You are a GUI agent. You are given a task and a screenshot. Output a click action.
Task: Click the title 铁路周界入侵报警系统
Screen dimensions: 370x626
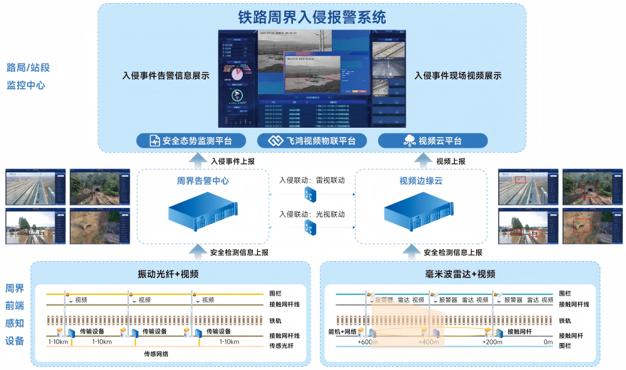pos(311,16)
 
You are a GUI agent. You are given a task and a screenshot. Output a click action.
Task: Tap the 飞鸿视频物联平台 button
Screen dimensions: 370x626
pos(311,141)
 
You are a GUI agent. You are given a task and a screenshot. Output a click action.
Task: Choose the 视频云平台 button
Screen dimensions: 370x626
pos(433,141)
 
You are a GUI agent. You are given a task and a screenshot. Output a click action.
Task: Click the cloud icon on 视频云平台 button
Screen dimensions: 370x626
pos(409,141)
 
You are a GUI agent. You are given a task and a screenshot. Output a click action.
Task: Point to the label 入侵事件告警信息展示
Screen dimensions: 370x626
pos(165,76)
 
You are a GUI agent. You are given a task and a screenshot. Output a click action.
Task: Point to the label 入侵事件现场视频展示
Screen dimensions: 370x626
pos(458,76)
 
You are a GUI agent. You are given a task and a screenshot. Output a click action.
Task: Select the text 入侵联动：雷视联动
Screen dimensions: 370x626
pos(312,180)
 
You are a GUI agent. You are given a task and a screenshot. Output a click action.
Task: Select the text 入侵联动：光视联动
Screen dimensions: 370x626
pos(312,214)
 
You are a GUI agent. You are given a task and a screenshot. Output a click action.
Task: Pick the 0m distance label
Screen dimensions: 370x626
pos(548,342)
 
